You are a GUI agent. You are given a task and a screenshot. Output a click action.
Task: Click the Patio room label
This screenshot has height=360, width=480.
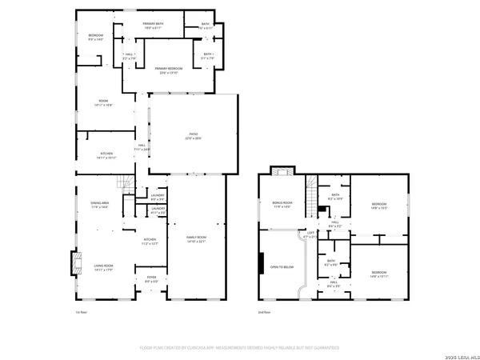click(193, 136)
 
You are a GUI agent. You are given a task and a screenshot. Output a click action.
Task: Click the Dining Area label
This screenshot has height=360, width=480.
click(99, 206)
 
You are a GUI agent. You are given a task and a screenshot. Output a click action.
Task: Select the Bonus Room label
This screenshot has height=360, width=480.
click(281, 205)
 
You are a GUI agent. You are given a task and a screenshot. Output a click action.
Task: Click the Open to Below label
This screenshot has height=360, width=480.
click(279, 267)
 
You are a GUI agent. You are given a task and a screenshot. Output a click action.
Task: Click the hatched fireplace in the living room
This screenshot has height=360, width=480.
click(77, 263)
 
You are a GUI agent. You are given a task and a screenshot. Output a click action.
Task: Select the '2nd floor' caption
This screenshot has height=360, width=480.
click(263, 311)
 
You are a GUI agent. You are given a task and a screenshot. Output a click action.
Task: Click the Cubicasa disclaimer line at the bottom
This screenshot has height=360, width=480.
click(239, 348)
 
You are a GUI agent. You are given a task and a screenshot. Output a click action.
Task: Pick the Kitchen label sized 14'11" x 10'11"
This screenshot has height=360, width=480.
click(106, 155)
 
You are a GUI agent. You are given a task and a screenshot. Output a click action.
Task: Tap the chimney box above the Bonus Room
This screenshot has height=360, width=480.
click(279, 170)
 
